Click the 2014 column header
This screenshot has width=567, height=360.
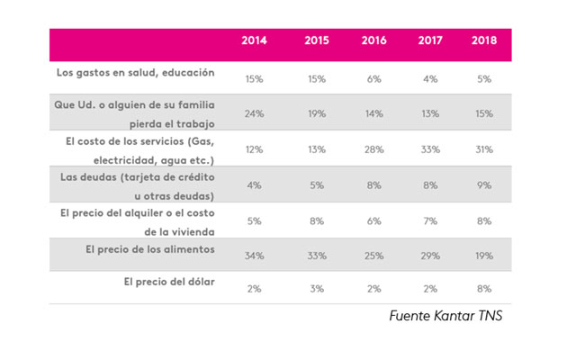pyautogui.click(x=255, y=42)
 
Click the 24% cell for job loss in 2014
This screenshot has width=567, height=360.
pyautogui.click(x=254, y=114)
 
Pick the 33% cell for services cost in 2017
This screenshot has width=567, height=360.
pyautogui.click(x=429, y=149)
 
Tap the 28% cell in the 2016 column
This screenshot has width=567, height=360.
pyautogui.click(x=373, y=149)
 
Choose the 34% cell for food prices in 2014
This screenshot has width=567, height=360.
pyautogui.click(x=254, y=256)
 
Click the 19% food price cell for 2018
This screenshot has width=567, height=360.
pyautogui.click(x=484, y=256)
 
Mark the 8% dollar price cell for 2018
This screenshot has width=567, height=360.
pyautogui.click(x=484, y=290)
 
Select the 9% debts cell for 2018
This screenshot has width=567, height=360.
pyautogui.click(x=484, y=184)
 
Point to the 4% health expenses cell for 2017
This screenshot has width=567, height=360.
pyautogui.click(x=429, y=79)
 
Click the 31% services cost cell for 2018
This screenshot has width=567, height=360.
pyautogui.click(x=484, y=149)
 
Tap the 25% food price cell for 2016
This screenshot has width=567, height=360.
pyautogui.click(x=373, y=256)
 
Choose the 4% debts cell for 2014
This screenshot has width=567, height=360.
pyautogui.click(x=254, y=184)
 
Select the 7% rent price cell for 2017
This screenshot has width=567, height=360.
pyautogui.click(x=429, y=220)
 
